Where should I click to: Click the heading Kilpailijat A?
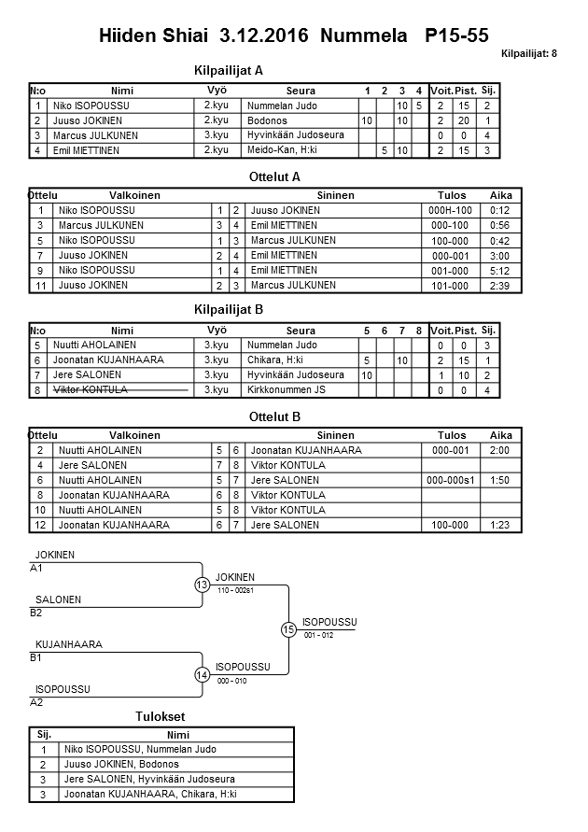click(x=228, y=70)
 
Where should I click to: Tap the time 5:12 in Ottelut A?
click(x=500, y=271)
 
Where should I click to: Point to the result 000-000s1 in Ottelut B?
click(x=451, y=481)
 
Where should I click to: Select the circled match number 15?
click(x=288, y=629)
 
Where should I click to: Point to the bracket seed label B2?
click(x=36, y=613)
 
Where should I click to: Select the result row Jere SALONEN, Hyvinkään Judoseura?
click(x=148, y=779)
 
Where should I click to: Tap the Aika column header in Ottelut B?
click(x=500, y=435)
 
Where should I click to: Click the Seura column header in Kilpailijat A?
click(x=301, y=91)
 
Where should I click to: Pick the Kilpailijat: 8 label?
click(x=528, y=54)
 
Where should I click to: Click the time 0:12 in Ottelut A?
click(x=500, y=211)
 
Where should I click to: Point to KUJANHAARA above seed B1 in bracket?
click(x=68, y=644)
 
